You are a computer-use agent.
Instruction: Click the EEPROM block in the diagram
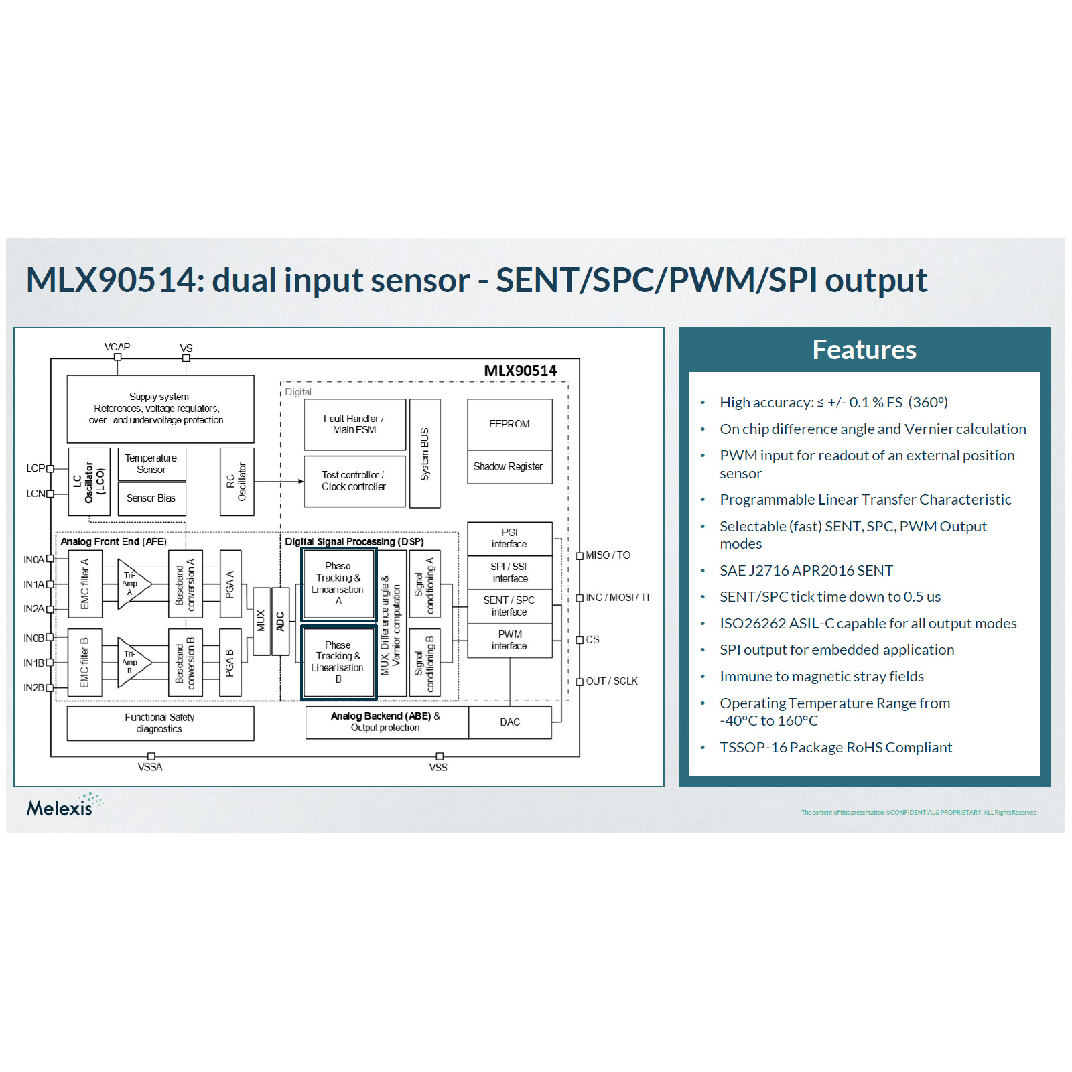pyautogui.click(x=509, y=424)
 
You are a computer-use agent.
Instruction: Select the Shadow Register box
pyautogui.click(x=509, y=466)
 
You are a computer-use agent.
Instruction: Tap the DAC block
pyautogui.click(x=510, y=722)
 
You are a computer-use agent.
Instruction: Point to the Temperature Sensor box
pyautogui.click(x=151, y=464)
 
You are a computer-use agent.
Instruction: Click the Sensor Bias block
pyautogui.click(x=151, y=498)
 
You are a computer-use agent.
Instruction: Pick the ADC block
pyautogui.click(x=280, y=621)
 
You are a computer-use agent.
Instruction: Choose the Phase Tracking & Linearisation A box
pyautogui.click(x=338, y=583)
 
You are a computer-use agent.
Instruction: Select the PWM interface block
pyautogui.click(x=509, y=640)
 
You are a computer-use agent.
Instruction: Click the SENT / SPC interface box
pyautogui.click(x=509, y=606)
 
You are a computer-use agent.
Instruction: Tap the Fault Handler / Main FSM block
pyautogui.click(x=354, y=424)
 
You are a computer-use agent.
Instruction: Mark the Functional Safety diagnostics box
pyautogui.click(x=160, y=723)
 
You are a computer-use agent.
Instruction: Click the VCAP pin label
pyautogui.click(x=117, y=346)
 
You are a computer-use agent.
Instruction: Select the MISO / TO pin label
pyautogui.click(x=608, y=555)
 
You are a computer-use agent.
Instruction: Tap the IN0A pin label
pyautogui.click(x=33, y=559)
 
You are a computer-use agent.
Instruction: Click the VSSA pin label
pyautogui.click(x=150, y=767)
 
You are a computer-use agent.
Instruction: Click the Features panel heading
pyautogui.click(x=864, y=350)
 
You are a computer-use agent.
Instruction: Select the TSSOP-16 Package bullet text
pyautogui.click(x=835, y=747)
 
